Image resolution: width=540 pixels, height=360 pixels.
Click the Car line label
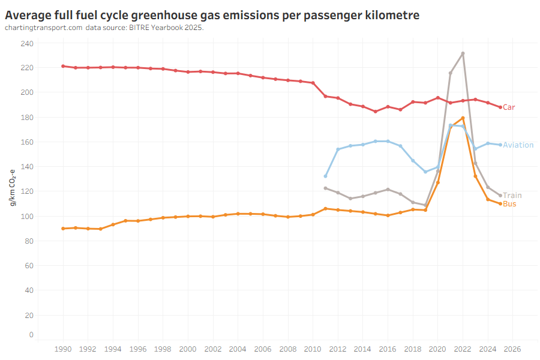click(x=509, y=107)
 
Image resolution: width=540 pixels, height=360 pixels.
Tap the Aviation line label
click(x=518, y=145)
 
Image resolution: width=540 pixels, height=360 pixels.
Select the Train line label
click(x=512, y=196)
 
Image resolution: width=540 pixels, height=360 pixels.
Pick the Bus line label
click(x=509, y=204)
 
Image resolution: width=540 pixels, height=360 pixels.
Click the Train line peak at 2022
click(x=463, y=53)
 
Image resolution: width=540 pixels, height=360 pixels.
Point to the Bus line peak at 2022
click(x=463, y=118)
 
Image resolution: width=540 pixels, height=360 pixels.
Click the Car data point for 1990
click(x=63, y=66)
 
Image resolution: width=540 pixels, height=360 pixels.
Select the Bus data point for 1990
click(x=63, y=229)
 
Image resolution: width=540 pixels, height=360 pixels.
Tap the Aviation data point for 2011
click(x=325, y=176)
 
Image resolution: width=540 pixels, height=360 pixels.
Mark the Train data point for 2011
click(x=325, y=188)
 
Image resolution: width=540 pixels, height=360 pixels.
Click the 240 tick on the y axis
click(x=27, y=43)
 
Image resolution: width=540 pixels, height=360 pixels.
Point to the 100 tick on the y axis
click(x=27, y=216)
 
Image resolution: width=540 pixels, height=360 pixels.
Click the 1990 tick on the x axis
click(x=63, y=349)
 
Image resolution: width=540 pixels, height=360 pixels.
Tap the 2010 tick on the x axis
click(x=313, y=349)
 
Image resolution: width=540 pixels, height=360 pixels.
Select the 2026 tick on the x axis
click(x=512, y=349)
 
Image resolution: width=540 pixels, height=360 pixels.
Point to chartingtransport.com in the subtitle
click(x=43, y=28)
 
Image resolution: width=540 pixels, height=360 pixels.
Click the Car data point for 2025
click(x=500, y=107)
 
